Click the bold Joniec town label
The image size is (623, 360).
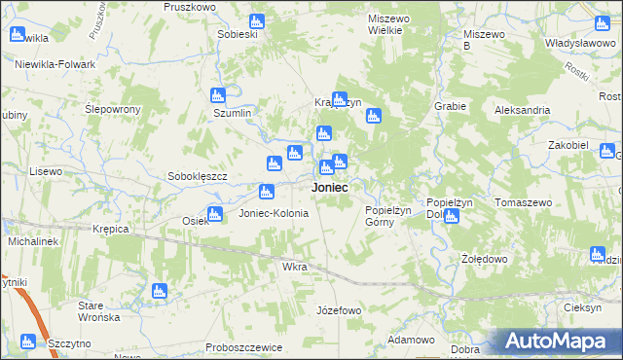coord(330,187)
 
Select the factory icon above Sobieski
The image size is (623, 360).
coord(256,20)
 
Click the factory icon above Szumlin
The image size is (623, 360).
coord(218,95)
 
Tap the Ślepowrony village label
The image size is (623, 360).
coord(113,109)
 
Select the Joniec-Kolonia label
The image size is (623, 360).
coord(274,213)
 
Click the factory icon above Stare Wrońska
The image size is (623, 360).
coord(160,290)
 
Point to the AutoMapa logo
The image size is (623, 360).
coord(559,341)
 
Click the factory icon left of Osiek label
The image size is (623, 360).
coord(215,213)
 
